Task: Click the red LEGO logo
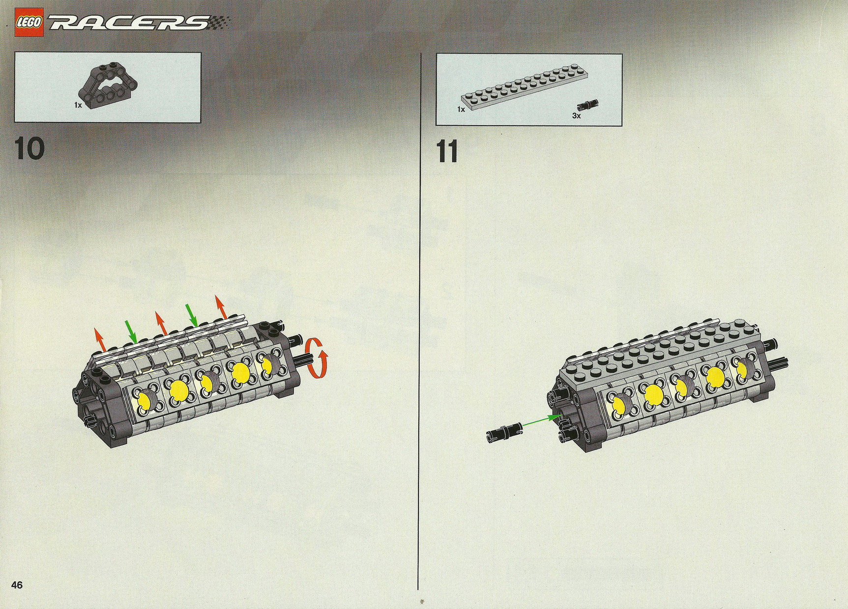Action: pos(29,23)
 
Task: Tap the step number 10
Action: pos(30,149)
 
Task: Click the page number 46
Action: pos(17,585)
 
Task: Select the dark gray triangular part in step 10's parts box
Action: pos(106,84)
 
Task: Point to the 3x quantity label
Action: pos(576,116)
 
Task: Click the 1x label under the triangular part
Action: pos(78,105)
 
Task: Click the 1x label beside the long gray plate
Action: pos(461,109)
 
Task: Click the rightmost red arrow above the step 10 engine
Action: pos(220,306)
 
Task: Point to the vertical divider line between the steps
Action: pos(420,321)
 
